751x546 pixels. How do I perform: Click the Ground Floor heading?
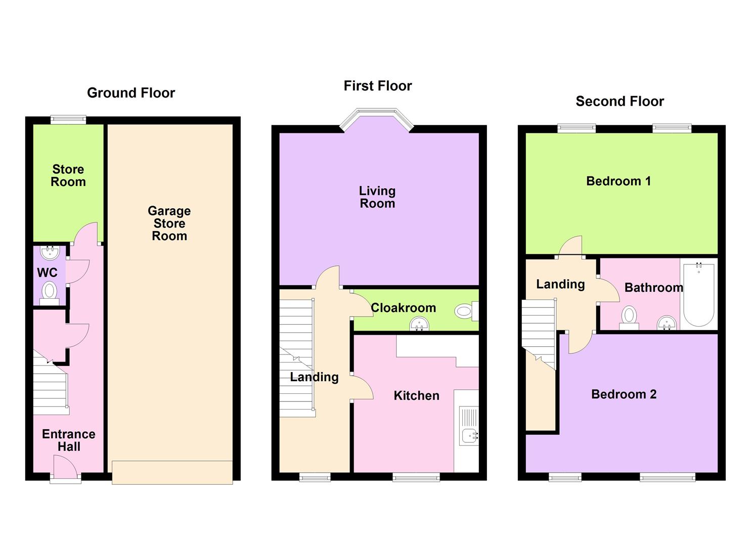click(x=131, y=93)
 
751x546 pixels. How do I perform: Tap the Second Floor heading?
click(x=620, y=102)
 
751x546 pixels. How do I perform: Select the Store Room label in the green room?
click(x=68, y=175)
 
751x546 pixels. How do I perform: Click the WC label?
click(x=47, y=273)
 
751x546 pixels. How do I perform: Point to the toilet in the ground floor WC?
click(x=49, y=292)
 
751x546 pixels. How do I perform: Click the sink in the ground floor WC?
click(x=50, y=252)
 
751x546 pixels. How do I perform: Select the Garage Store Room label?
click(x=169, y=223)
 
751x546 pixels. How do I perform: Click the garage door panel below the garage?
click(x=172, y=472)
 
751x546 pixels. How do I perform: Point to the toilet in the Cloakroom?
click(x=465, y=311)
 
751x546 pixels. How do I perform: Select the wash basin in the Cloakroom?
click(x=419, y=323)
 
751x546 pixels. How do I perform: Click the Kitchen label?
click(x=416, y=396)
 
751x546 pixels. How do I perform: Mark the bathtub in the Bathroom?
click(x=699, y=294)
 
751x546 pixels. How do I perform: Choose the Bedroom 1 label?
click(x=618, y=181)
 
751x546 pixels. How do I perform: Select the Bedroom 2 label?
click(x=624, y=394)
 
